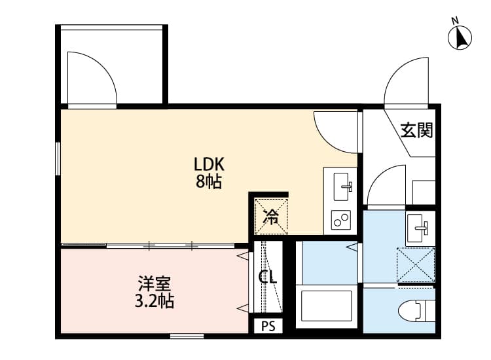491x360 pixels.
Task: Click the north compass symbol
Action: [x=460, y=37]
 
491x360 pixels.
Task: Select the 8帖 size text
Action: [x=209, y=182]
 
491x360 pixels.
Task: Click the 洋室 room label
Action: [x=155, y=285]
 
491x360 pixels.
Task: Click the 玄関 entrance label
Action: [x=416, y=131]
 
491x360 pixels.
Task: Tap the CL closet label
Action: [x=268, y=277]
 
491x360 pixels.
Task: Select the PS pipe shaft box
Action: [x=268, y=326]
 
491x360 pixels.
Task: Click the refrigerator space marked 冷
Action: [x=270, y=214]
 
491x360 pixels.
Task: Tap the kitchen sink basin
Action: [x=341, y=187]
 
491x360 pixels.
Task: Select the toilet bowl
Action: [x=418, y=310]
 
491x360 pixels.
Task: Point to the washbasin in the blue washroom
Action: [x=419, y=228]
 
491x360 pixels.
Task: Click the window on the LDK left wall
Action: [x=58, y=158]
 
